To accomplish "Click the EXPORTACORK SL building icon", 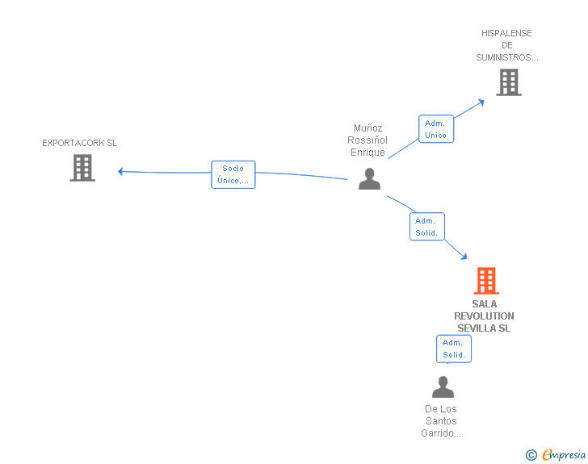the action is (x=82, y=168).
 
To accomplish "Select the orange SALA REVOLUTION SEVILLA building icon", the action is (x=486, y=281).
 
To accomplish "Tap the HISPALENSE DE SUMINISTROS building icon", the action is (x=509, y=82).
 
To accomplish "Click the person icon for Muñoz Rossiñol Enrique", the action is (x=369, y=179).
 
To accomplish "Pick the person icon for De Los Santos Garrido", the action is (x=443, y=387).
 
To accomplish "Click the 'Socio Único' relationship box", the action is (x=233, y=174).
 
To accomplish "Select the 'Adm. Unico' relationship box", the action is (x=436, y=129).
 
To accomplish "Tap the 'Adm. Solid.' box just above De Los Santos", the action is (x=454, y=349).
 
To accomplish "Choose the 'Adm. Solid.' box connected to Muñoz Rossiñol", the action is (x=427, y=227).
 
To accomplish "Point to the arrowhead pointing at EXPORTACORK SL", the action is (x=120, y=172).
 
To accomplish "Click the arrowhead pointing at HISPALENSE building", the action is (x=481, y=102).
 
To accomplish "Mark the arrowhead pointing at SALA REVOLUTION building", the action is (x=464, y=257).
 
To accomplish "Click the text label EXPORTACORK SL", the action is (x=79, y=143).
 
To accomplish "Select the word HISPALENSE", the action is (x=506, y=33).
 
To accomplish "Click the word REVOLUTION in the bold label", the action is (x=484, y=316).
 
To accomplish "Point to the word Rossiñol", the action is (x=367, y=140).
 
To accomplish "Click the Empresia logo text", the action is (x=564, y=454).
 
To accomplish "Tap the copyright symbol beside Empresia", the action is (x=531, y=455).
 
